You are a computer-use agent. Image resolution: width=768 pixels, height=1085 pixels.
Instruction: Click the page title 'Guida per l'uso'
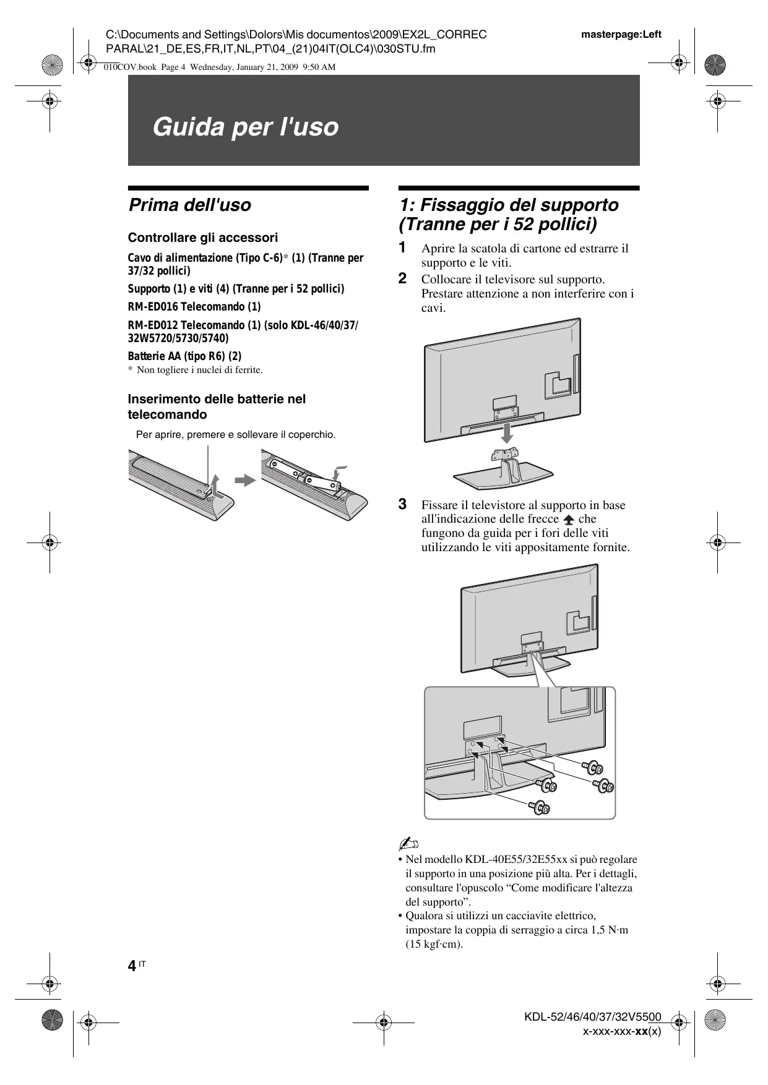pyautogui.click(x=245, y=127)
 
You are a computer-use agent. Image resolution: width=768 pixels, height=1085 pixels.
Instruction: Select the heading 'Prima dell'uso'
pyautogui.click(x=189, y=205)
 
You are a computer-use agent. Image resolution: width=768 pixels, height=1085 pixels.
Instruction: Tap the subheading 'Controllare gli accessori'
pyautogui.click(x=202, y=238)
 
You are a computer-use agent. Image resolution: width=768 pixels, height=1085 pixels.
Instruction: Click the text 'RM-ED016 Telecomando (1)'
pyautogui.click(x=194, y=307)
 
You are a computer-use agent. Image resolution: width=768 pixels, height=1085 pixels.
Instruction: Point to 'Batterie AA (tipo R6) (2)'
pyautogui.click(x=184, y=356)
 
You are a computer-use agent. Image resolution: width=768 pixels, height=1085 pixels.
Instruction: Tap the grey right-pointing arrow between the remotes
pyautogui.click(x=246, y=480)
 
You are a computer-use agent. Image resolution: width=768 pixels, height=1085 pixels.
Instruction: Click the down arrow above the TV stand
pyautogui.click(x=507, y=432)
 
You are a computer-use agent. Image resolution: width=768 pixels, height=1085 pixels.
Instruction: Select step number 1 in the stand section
pyautogui.click(x=402, y=248)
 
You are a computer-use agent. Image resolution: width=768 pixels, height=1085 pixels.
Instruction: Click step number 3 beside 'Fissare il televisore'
pyautogui.click(x=402, y=504)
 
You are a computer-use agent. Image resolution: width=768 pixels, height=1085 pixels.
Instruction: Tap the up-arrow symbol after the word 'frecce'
pyautogui.click(x=569, y=520)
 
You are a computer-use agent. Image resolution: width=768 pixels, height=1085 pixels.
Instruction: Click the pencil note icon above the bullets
pyautogui.click(x=409, y=844)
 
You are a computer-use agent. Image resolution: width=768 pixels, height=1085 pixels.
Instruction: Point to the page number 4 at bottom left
pyautogui.click(x=132, y=966)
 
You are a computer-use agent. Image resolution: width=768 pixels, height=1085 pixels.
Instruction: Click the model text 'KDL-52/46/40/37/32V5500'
pyautogui.click(x=592, y=1017)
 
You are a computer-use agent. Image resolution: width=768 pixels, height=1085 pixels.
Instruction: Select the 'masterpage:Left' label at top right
pyautogui.click(x=621, y=35)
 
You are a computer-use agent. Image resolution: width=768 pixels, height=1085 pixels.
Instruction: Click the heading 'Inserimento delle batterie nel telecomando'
pyautogui.click(x=217, y=406)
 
